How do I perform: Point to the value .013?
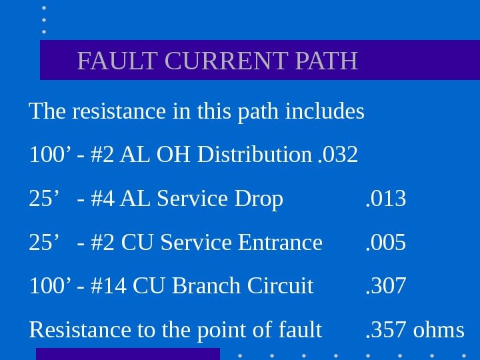click(386, 199)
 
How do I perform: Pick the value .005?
click(386, 242)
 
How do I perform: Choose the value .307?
click(386, 286)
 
